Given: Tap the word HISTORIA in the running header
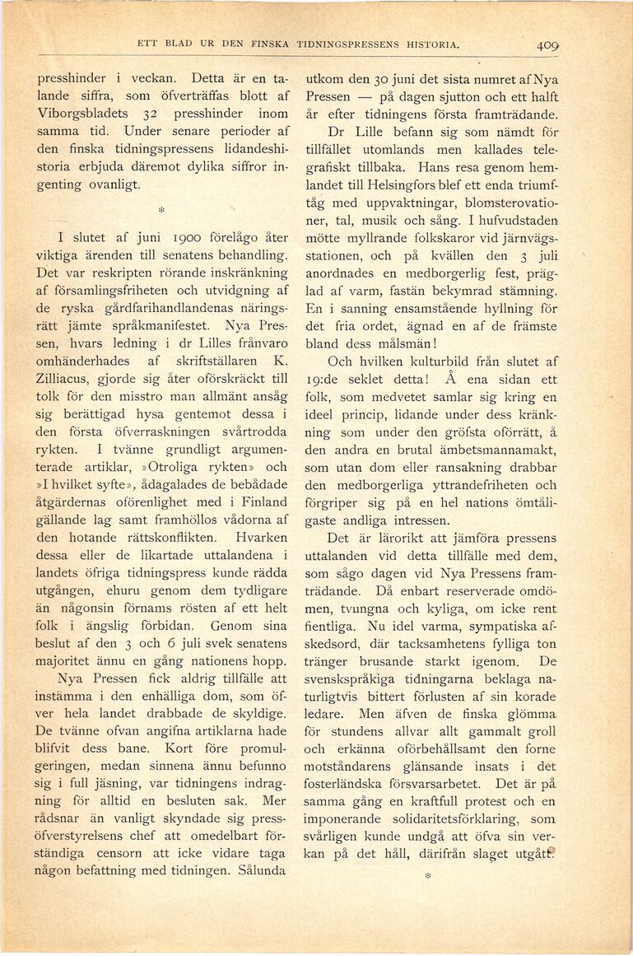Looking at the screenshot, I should pyautogui.click(x=427, y=45).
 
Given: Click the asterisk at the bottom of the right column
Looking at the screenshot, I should pyautogui.click(x=428, y=879).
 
